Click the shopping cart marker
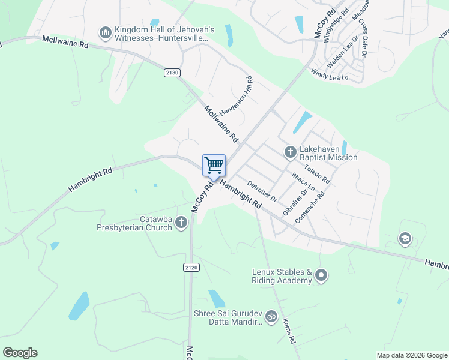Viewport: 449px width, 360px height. click(x=214, y=166)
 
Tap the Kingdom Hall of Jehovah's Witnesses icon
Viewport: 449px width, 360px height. click(x=106, y=32)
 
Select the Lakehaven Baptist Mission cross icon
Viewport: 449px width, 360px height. click(x=290, y=151)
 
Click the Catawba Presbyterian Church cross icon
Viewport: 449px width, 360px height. click(x=181, y=223)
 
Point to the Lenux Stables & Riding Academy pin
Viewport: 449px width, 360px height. click(x=321, y=276)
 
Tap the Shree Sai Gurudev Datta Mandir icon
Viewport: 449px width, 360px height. click(x=271, y=316)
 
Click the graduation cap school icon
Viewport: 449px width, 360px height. click(x=405, y=239)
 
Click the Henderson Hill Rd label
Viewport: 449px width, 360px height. click(x=236, y=96)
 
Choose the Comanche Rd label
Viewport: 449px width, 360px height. click(x=310, y=207)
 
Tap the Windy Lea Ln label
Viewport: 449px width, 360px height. click(x=329, y=74)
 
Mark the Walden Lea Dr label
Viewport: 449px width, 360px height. click(x=342, y=53)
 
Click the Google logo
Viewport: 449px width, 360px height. click(x=20, y=353)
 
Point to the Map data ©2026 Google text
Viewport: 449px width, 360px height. click(x=411, y=355)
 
